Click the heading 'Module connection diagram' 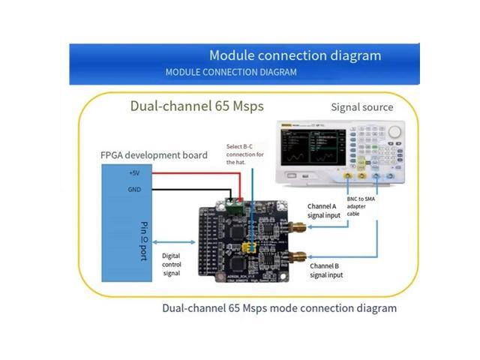click(295, 55)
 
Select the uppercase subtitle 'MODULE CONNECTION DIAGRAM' click(230, 72)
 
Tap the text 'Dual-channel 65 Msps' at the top click(197, 106)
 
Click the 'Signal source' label click(362, 107)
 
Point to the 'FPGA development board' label click(154, 155)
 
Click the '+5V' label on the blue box click(134, 172)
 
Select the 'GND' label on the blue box click(134, 190)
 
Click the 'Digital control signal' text click(177, 264)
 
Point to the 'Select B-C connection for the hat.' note click(247, 153)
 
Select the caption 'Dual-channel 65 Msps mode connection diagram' click(279, 308)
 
